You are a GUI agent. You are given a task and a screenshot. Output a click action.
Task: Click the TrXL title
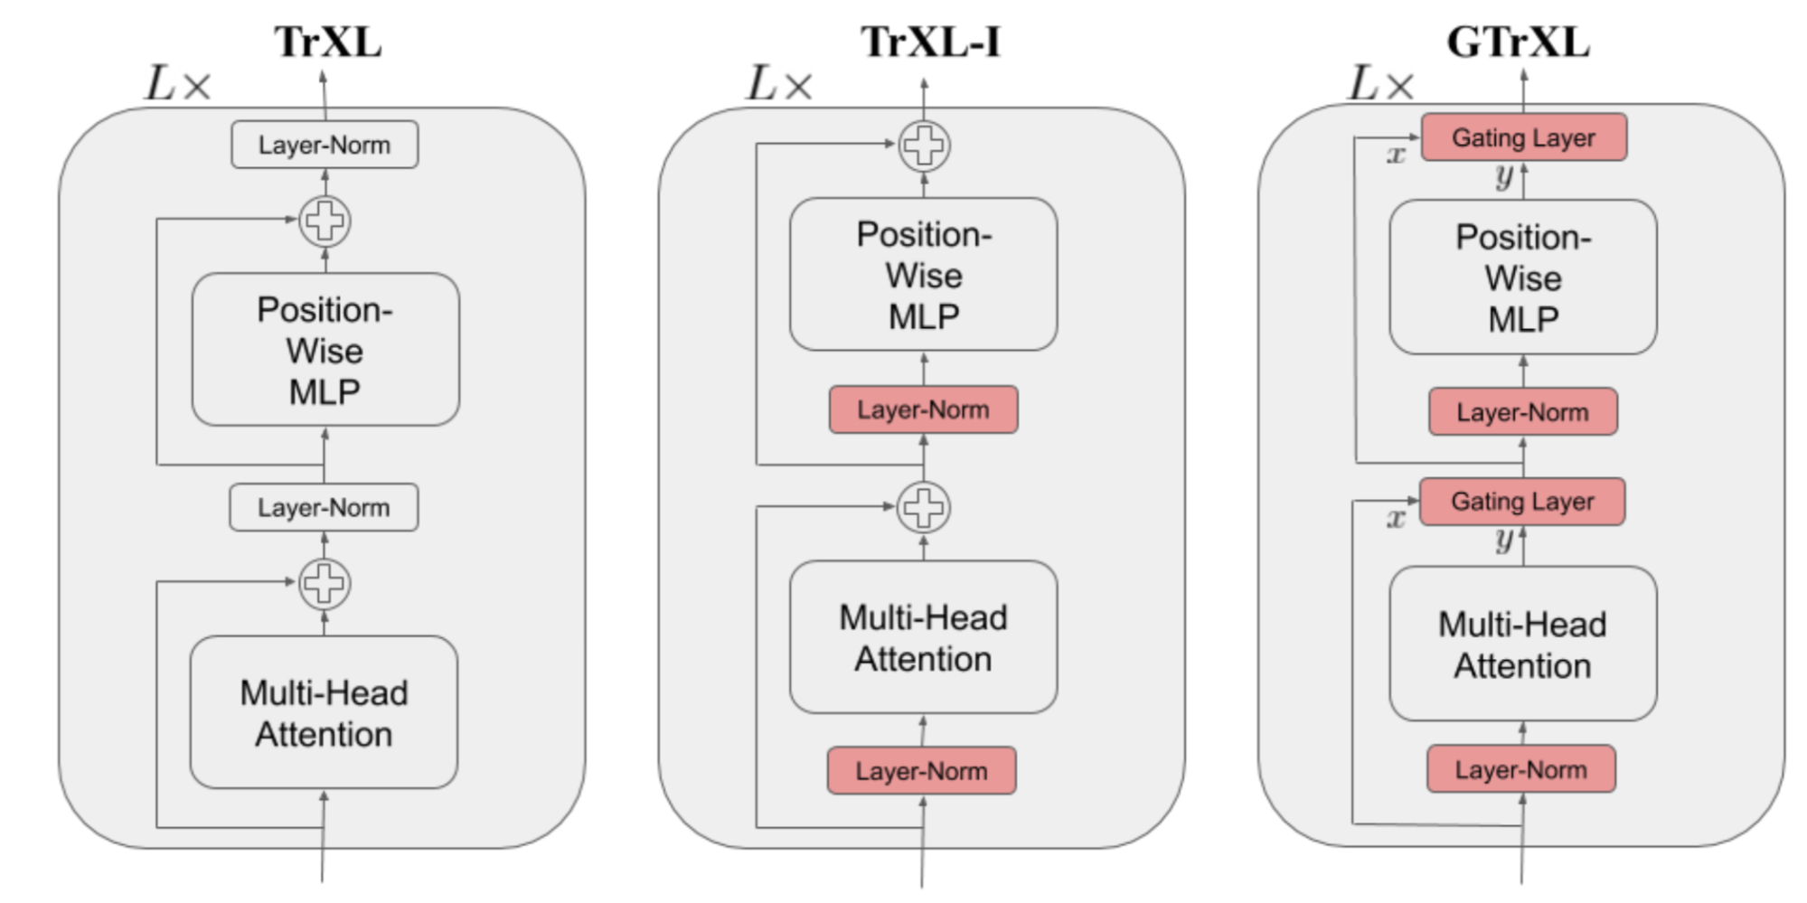(x=328, y=42)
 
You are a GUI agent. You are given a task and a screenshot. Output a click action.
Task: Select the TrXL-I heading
(x=930, y=42)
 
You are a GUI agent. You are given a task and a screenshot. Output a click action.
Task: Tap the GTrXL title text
(x=1518, y=42)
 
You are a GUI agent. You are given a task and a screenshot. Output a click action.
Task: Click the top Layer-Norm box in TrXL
(x=325, y=145)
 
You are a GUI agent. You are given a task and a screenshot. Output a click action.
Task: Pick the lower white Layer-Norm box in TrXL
(x=324, y=507)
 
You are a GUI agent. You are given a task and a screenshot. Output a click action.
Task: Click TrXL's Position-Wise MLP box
(x=325, y=350)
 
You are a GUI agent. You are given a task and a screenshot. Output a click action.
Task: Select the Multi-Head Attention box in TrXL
(x=324, y=712)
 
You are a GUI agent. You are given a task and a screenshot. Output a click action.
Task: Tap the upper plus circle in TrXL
(x=325, y=221)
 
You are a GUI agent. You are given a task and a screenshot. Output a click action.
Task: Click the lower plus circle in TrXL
(x=325, y=583)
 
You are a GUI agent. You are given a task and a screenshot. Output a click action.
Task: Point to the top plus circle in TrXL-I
(x=924, y=146)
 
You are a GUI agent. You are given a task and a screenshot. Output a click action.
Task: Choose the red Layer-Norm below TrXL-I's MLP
(x=923, y=409)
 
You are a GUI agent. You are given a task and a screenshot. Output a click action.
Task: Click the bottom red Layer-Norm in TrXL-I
(x=921, y=771)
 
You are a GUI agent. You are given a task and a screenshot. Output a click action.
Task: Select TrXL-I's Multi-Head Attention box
(x=923, y=637)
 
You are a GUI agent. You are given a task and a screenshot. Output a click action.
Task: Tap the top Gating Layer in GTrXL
(x=1523, y=137)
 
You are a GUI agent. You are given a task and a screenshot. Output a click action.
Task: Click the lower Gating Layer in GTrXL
(x=1522, y=502)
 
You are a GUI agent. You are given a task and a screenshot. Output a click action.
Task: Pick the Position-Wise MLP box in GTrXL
(x=1522, y=277)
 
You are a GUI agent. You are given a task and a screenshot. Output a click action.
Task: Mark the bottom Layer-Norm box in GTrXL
(x=1520, y=769)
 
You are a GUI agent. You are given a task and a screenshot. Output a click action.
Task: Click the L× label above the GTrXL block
(x=1380, y=85)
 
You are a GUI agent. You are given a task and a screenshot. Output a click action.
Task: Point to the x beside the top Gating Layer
(x=1396, y=155)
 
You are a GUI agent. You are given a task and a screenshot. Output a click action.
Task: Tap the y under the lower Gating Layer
(x=1503, y=541)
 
